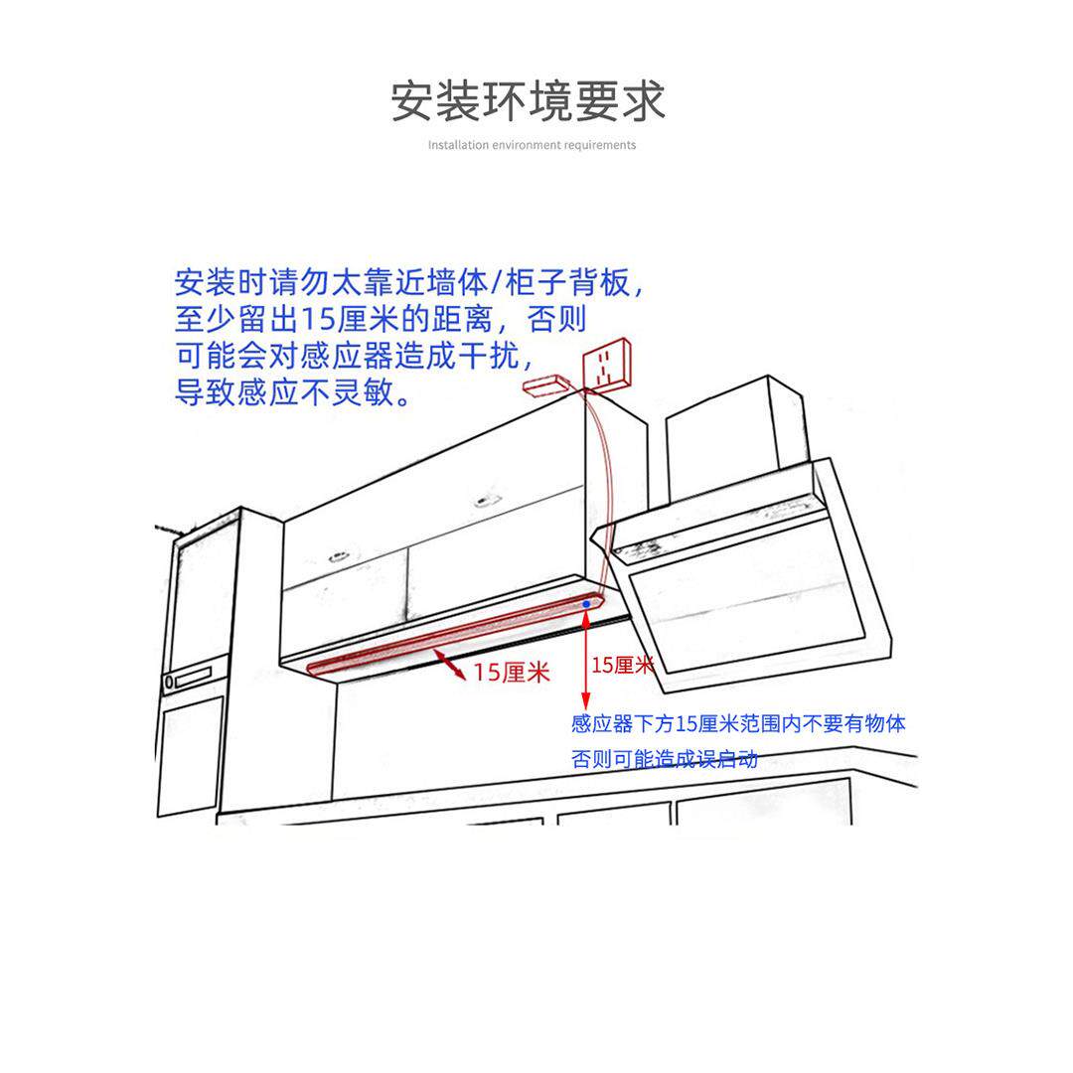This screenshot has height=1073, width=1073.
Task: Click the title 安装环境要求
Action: pyautogui.click(x=528, y=101)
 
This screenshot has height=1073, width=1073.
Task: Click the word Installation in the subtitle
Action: pyautogui.click(x=458, y=145)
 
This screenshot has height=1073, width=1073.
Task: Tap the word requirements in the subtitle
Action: pyautogui.click(x=599, y=145)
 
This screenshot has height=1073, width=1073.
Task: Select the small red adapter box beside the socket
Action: pyautogui.click(x=545, y=384)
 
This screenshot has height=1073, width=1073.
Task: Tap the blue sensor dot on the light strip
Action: pyautogui.click(x=587, y=603)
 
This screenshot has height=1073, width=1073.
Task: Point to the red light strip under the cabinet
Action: pyautogui.click(x=447, y=637)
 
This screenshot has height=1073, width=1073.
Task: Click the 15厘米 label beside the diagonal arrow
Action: pyautogui.click(x=512, y=673)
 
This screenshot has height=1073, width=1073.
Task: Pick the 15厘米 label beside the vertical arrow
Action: pyautogui.click(x=622, y=665)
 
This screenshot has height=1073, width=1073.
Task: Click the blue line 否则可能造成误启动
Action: pyautogui.click(x=665, y=760)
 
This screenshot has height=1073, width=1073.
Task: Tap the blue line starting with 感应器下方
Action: pyautogui.click(x=738, y=724)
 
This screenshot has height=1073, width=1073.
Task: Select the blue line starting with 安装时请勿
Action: pyautogui.click(x=410, y=283)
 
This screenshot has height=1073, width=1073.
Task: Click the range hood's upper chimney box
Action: pyautogui.click(x=730, y=437)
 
